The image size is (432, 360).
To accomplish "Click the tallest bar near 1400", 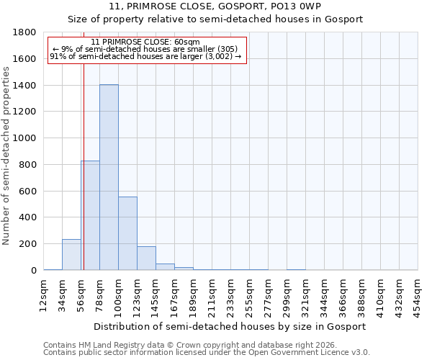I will pos(109,177).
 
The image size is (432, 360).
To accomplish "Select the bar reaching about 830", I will pos(90,215).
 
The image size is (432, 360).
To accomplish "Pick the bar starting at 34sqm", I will pos(71,255).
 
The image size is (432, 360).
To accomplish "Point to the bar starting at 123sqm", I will pos(146,258).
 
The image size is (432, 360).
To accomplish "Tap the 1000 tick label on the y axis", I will pos(24,138).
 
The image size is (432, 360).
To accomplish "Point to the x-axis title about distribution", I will pos(230,326).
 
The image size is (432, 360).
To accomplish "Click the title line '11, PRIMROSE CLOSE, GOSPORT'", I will pos(215,6).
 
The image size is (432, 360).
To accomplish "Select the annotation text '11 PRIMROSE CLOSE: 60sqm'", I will pos(146,42).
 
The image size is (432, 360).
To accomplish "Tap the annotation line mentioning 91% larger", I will pos(146,56).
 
